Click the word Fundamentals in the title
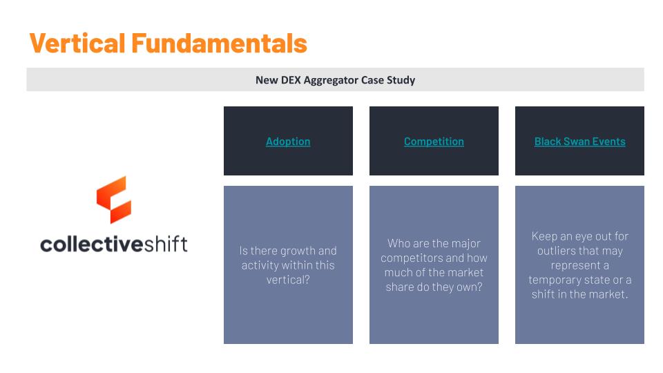[219, 44]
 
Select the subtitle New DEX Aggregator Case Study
[335, 80]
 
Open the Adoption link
[288, 142]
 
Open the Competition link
[434, 142]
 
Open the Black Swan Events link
[579, 142]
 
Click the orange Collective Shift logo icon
[114, 200]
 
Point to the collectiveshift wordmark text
[114, 244]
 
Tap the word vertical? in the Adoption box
[288, 280]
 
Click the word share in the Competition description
[399, 287]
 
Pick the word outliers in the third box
[558, 251]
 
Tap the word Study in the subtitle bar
[401, 80]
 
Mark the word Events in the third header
[609, 142]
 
